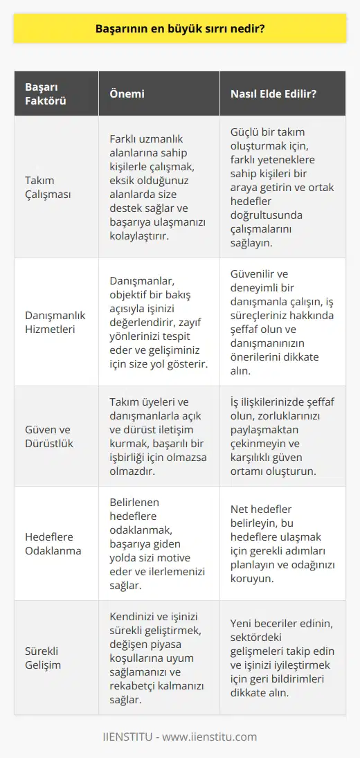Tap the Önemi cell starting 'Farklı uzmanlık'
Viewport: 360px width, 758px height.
(158, 187)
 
